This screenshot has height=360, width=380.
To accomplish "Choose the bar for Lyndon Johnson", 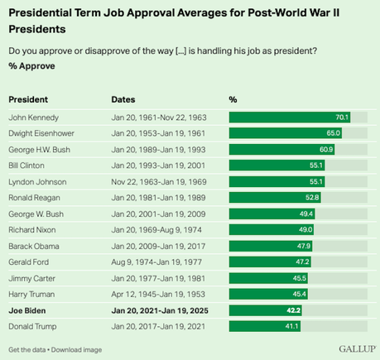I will (x=278, y=180).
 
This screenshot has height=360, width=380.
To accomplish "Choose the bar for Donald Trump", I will (x=265, y=326).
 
